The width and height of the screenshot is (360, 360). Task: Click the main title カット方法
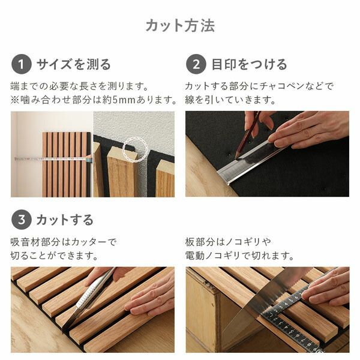pyautogui.click(x=180, y=26)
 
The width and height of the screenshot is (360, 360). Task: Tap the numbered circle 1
pyautogui.click(x=21, y=64)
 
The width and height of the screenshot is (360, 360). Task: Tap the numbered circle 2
pyautogui.click(x=196, y=64)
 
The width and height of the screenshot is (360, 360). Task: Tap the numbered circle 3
pyautogui.click(x=21, y=220)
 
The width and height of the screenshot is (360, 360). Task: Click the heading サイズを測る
pyautogui.click(x=73, y=64)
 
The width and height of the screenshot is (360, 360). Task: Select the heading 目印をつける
pyautogui.click(x=249, y=64)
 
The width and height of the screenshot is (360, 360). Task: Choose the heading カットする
pyautogui.click(x=65, y=220)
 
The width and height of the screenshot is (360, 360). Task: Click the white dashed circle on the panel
pyautogui.click(x=135, y=148)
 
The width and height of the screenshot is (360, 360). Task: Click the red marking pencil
pyautogui.click(x=250, y=136)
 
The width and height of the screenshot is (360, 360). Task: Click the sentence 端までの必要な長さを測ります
pyautogui.click(x=79, y=86)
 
